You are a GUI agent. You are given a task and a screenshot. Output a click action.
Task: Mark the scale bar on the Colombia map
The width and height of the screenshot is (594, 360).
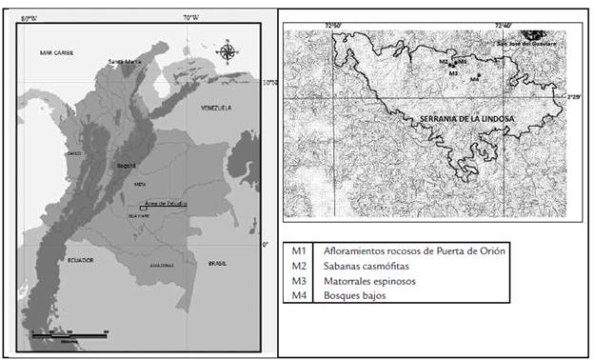point(69,333)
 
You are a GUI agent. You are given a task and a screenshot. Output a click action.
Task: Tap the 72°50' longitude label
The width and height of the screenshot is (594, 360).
point(339,25)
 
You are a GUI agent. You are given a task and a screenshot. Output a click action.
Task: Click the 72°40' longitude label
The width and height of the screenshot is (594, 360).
point(510,25)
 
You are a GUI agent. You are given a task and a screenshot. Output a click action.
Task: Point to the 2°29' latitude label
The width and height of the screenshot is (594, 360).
point(572,96)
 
